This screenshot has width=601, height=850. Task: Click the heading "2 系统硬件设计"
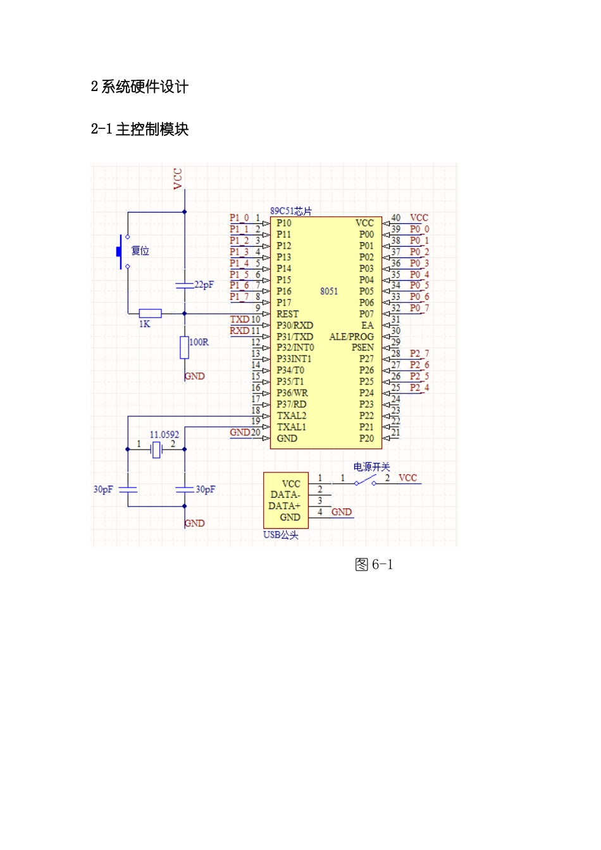pos(140,87)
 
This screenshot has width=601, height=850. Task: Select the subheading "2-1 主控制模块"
pos(140,129)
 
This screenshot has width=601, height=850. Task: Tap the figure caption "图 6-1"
pos(374,564)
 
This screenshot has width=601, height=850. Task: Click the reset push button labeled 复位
pos(120,251)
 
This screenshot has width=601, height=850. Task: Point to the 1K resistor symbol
pos(150,313)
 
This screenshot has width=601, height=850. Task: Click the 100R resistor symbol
pos(185,347)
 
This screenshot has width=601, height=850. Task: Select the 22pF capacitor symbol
pos(185,285)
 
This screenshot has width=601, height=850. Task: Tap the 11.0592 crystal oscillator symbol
pos(156,449)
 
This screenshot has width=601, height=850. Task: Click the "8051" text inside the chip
pos(329,291)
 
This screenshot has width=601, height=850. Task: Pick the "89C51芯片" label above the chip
pos(291,211)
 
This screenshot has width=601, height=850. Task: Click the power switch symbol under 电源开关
pos(365,481)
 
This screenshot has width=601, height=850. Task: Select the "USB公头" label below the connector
pos(281,535)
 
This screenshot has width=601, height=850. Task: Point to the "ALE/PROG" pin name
pos(351,336)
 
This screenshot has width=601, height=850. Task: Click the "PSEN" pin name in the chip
pos(362,347)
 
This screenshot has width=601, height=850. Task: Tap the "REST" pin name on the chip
pos(287,314)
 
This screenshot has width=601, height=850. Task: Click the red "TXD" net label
pos(239,319)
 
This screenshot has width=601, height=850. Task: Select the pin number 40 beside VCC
pos(395,218)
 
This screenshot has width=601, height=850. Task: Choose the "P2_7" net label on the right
pos(419,354)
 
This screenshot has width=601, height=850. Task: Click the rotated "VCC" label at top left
pos(178,178)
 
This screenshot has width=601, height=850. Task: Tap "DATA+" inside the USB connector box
pos(284,506)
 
